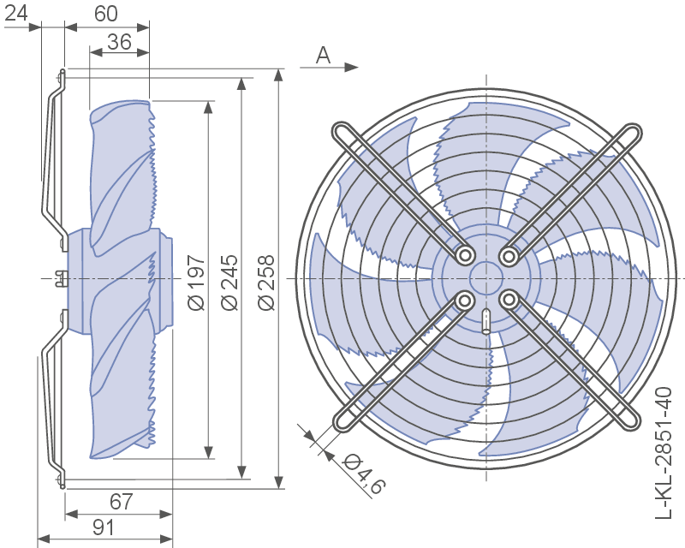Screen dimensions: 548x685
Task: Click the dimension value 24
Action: [16, 13]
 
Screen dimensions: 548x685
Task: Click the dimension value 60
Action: [106, 13]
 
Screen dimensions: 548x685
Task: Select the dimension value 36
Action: [119, 41]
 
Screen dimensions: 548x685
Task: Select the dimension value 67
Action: [121, 502]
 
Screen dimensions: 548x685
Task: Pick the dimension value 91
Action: [103, 527]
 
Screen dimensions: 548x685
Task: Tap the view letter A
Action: [323, 55]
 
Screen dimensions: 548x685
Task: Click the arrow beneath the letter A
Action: [331, 67]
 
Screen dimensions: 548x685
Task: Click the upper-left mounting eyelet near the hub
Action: [465, 255]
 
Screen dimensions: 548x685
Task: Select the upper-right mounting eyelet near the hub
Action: [509, 255]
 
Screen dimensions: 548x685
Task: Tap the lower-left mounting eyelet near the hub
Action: [465, 300]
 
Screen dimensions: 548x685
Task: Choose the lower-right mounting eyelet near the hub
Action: [509, 300]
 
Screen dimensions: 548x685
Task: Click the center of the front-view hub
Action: [486, 278]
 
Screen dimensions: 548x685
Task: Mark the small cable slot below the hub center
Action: [486, 320]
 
